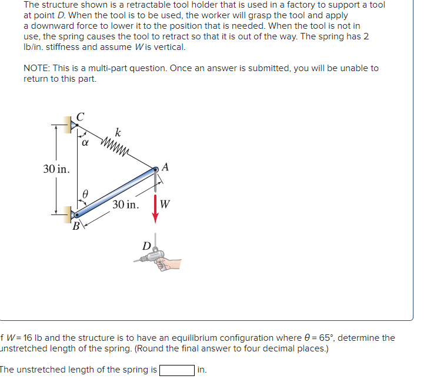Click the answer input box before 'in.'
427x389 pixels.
coord(177,370)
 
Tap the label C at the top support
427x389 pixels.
coord(81,117)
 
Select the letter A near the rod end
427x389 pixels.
coord(165,167)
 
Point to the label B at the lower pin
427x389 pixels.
coord(76,226)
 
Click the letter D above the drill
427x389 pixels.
coord(146,246)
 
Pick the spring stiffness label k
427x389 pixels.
coord(118,132)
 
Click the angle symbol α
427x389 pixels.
coord(85,143)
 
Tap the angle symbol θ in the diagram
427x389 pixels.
coord(85,194)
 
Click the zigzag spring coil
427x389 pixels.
coord(114,147)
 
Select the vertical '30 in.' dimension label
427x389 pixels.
coord(56,169)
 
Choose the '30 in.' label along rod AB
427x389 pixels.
coord(125,204)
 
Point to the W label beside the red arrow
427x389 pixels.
coord(165,204)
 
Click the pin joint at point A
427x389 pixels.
coord(155,170)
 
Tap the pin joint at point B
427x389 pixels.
coord(77,215)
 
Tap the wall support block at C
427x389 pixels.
coord(67,125)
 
